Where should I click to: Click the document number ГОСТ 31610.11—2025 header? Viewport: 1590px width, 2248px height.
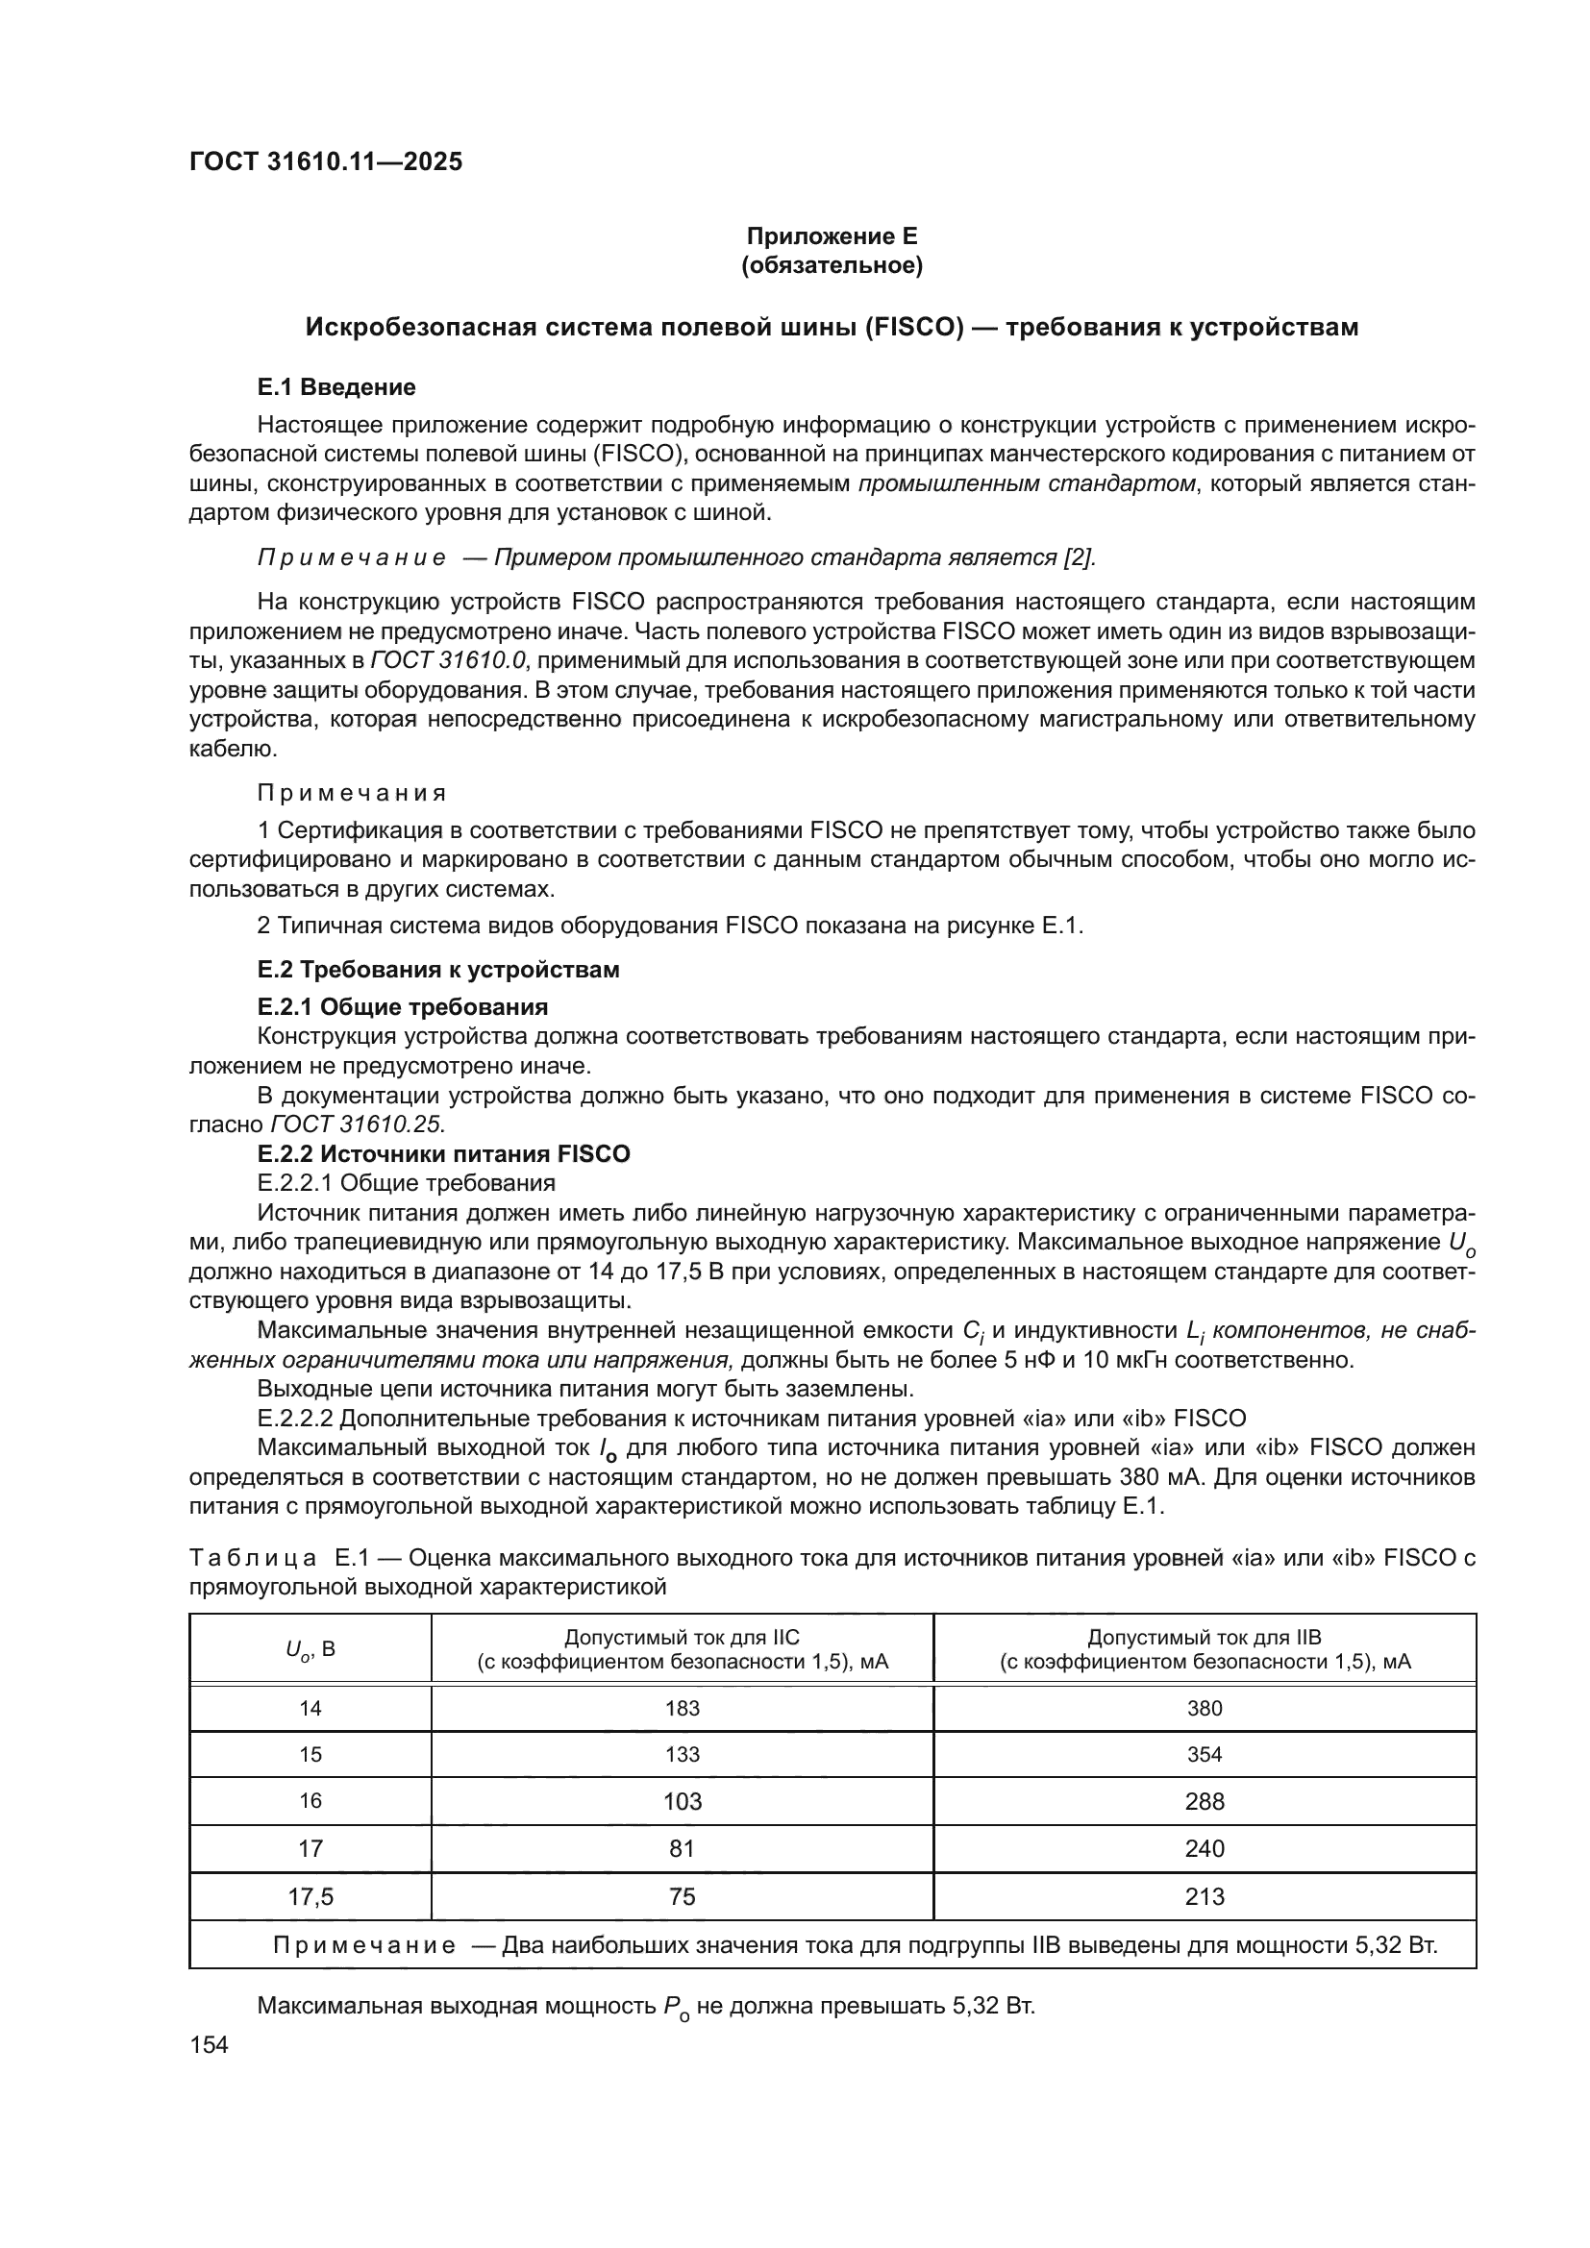tap(325, 161)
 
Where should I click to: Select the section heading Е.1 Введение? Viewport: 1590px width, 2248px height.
tap(335, 386)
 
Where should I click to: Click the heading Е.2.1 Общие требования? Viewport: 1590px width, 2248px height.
tap(403, 1006)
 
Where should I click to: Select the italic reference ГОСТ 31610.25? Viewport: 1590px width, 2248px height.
tap(357, 1124)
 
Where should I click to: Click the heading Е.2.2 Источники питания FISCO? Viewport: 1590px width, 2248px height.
tap(443, 1153)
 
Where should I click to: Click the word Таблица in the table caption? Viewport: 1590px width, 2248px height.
tap(253, 1558)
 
